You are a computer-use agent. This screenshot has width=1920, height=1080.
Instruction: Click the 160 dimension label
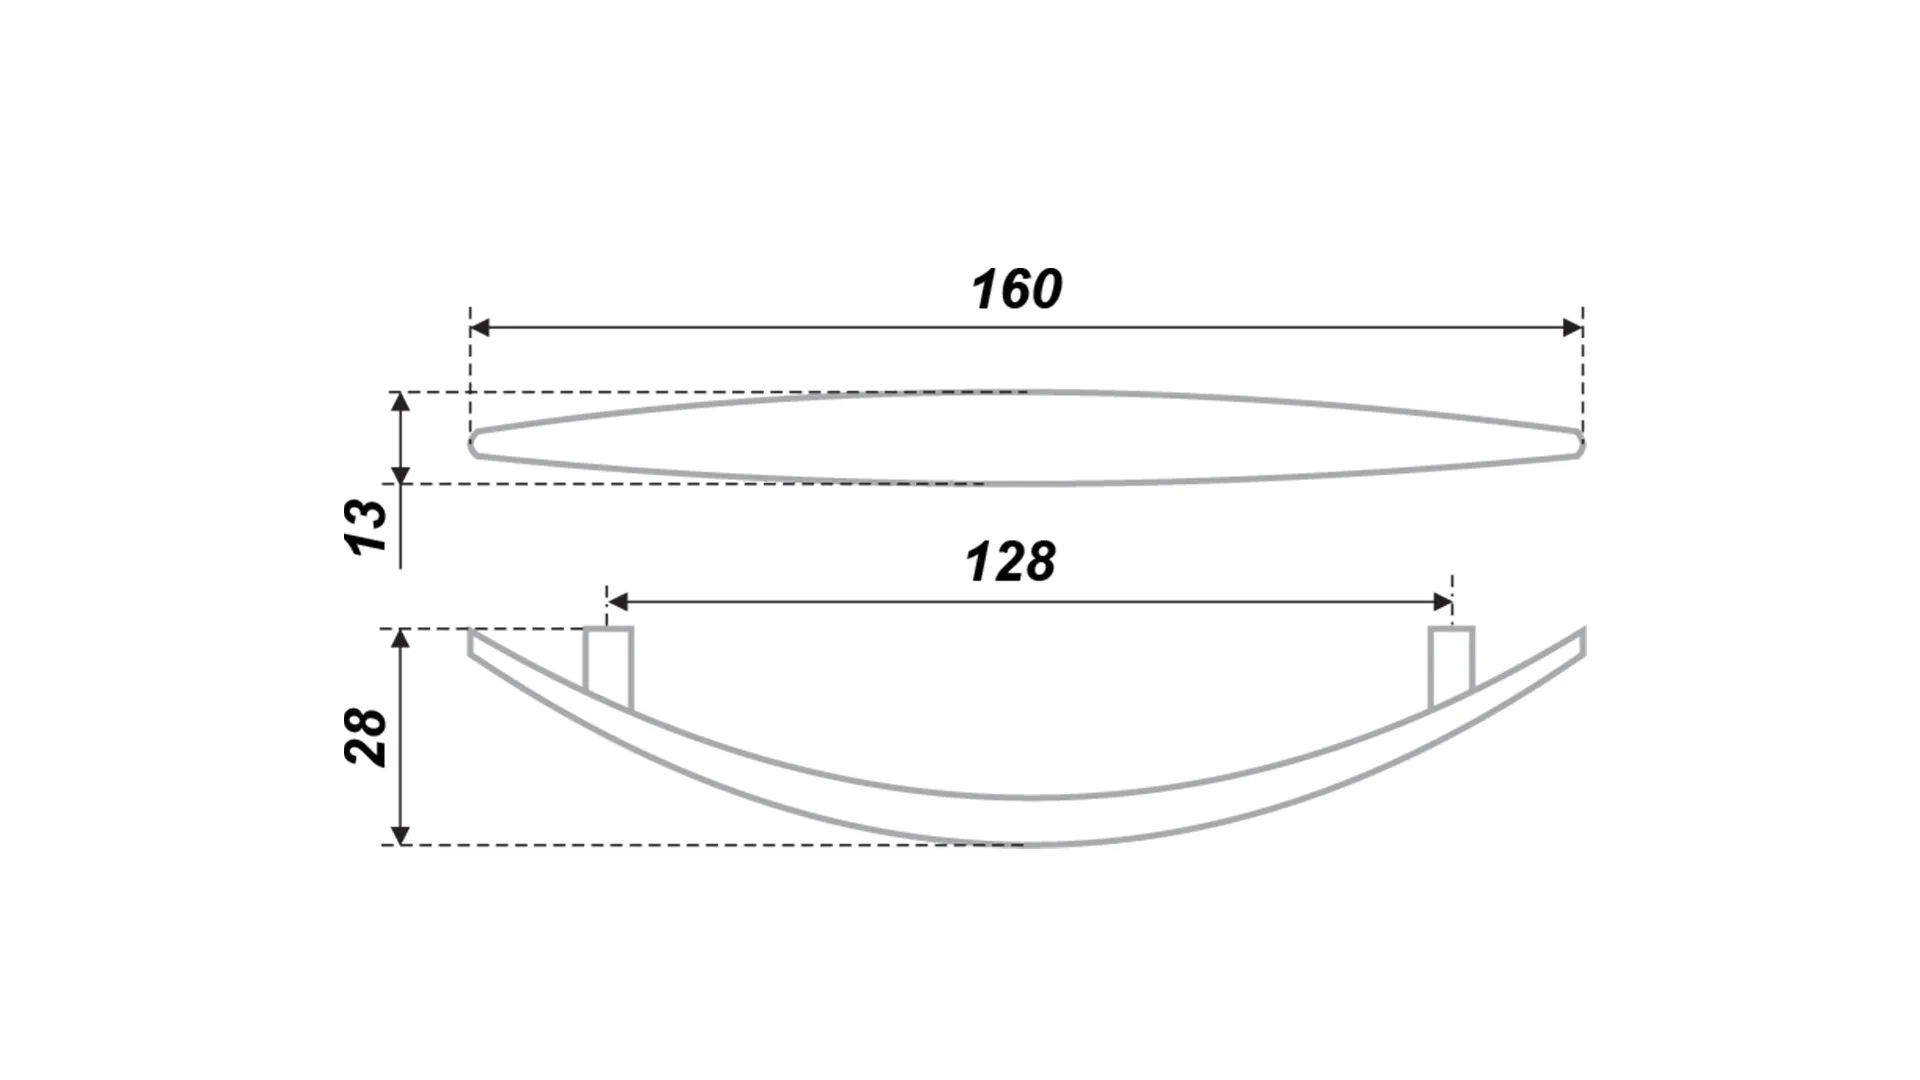click(1016, 289)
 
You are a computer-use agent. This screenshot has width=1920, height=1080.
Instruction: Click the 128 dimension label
click(1010, 562)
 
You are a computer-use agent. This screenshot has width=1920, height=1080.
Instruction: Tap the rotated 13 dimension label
click(365, 527)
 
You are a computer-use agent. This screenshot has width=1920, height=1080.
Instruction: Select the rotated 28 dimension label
click(365, 737)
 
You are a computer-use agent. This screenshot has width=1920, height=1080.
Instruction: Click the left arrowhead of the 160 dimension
click(480, 328)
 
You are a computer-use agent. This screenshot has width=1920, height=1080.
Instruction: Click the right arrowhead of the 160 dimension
click(1572, 328)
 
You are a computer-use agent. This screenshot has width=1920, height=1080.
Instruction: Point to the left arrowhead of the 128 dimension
click(617, 601)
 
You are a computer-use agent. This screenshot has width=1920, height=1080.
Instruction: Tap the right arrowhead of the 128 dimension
click(1442, 601)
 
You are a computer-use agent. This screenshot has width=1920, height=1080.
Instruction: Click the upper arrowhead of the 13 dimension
click(400, 402)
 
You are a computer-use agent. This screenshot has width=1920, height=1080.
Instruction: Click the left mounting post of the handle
click(608, 668)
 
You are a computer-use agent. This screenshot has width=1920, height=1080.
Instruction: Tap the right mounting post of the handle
click(1451, 668)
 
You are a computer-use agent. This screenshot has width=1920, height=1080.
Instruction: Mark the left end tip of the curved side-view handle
click(470, 631)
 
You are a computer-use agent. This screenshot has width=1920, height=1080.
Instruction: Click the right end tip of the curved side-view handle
click(1584, 631)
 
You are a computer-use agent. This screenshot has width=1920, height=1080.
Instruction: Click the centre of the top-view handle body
click(1026, 438)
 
